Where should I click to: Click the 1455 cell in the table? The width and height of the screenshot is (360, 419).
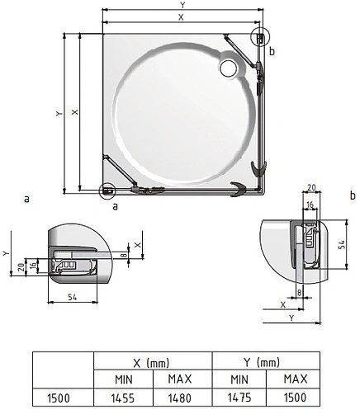pyautogui.click(x=123, y=398)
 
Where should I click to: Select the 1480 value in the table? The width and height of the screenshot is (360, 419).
pyautogui.click(x=180, y=398)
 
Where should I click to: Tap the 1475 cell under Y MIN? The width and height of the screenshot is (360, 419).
pyautogui.click(x=239, y=398)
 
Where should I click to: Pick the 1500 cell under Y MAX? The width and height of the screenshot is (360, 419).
pyautogui.click(x=295, y=398)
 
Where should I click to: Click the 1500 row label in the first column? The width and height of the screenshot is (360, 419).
pyautogui.click(x=59, y=398)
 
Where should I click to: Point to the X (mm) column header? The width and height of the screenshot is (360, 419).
pyautogui.click(x=151, y=363)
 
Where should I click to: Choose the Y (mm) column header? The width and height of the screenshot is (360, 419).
pyautogui.click(x=262, y=362)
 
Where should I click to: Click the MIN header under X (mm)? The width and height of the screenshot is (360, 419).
pyautogui.click(x=124, y=379)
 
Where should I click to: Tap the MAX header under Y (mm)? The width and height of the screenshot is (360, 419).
pyautogui.click(x=296, y=379)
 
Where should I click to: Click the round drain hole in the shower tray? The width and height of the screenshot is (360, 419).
pyautogui.click(x=229, y=68)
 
